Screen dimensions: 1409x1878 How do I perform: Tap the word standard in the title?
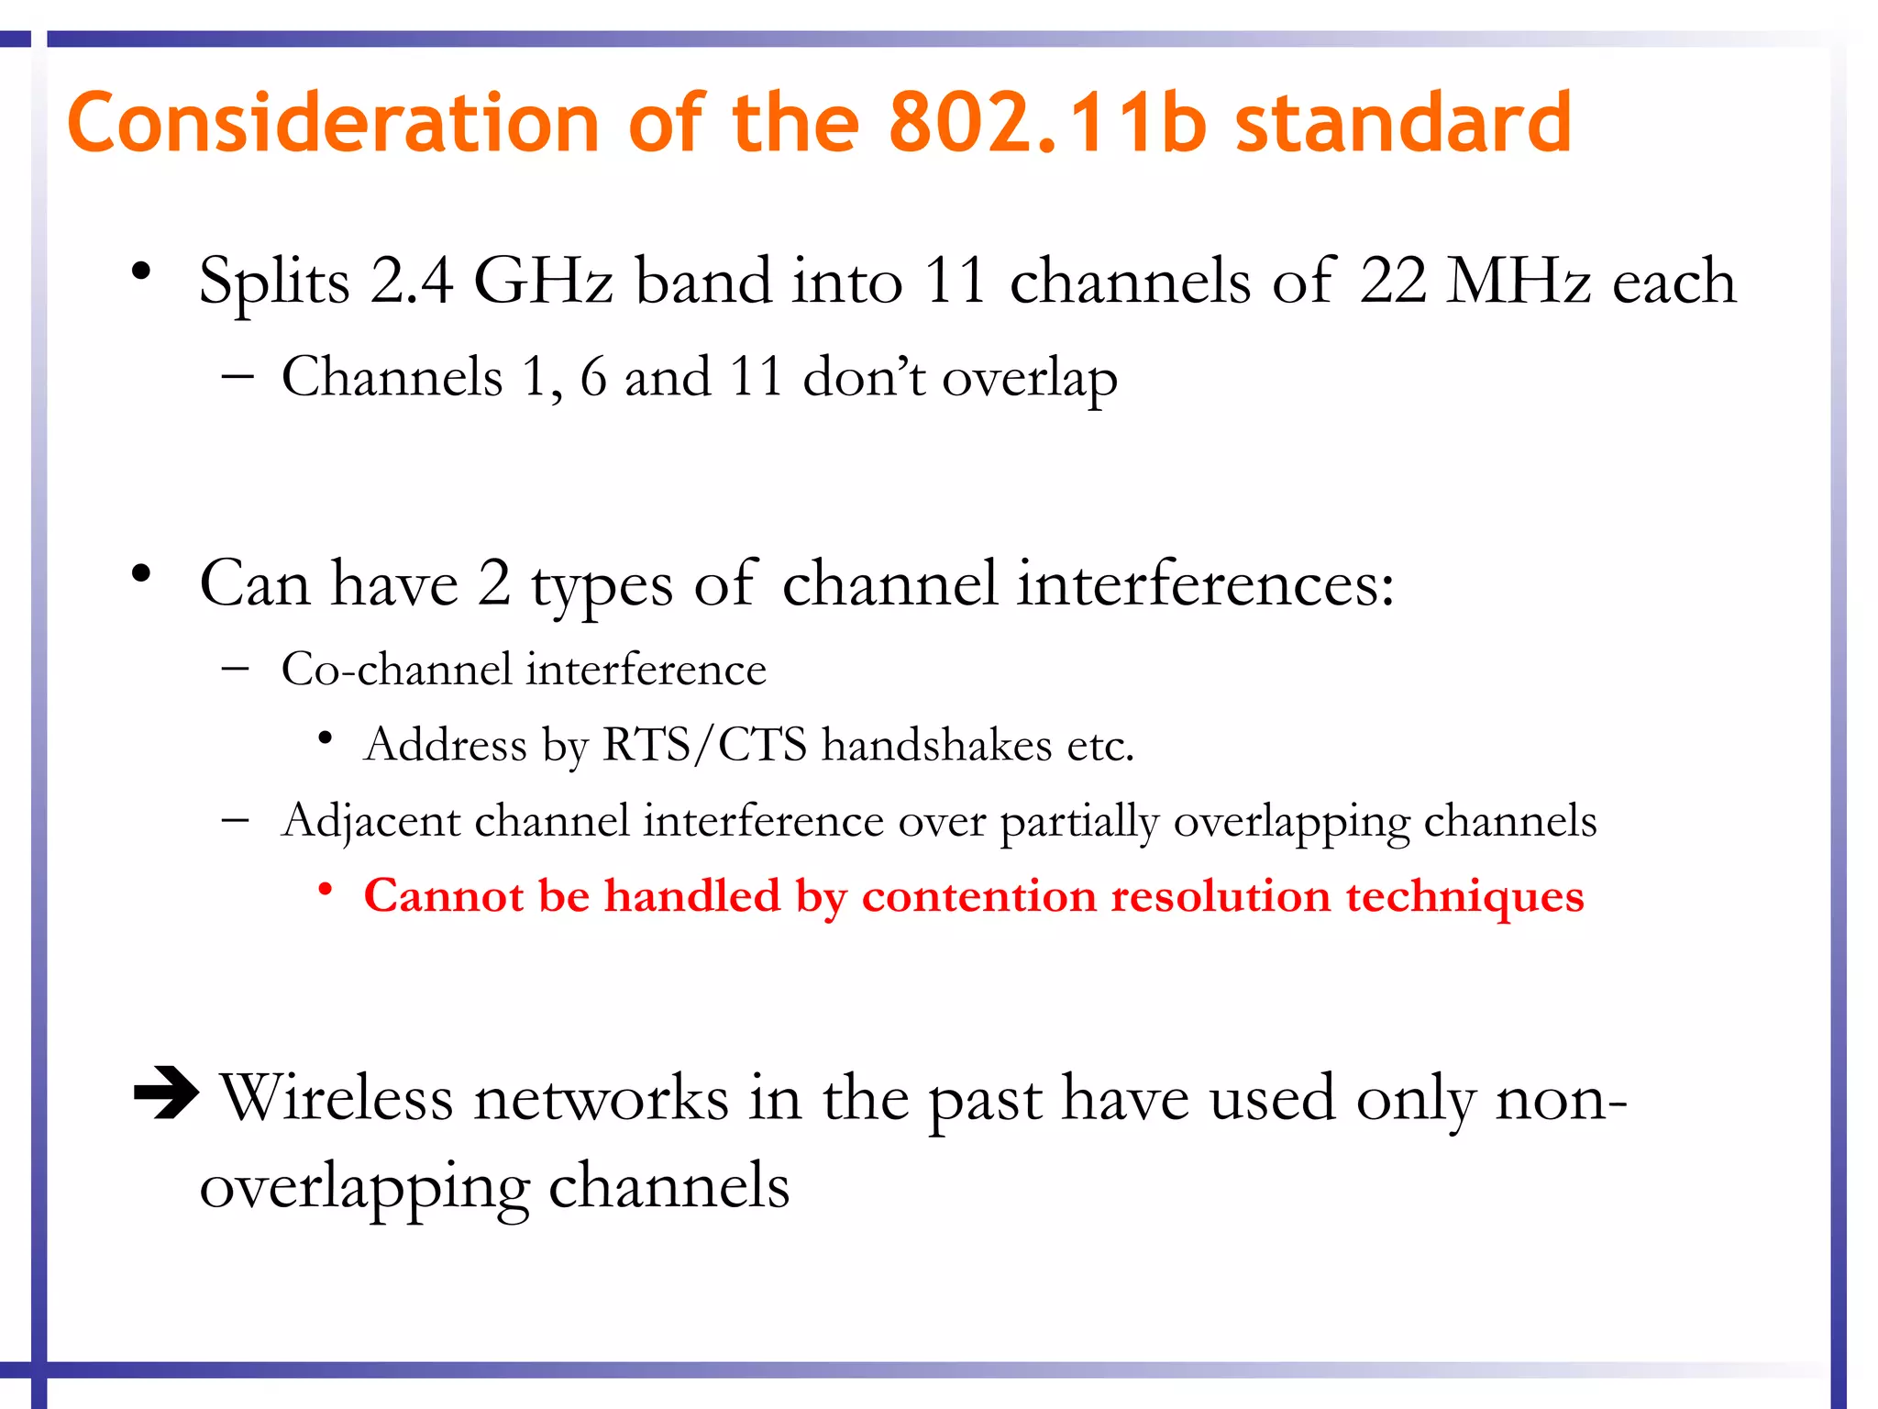click(1403, 123)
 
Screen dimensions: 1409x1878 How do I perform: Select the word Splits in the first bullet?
click(274, 281)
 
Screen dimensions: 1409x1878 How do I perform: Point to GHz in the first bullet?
click(543, 281)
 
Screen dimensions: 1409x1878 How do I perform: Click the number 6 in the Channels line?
click(593, 377)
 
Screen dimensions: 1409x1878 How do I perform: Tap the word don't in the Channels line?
click(863, 377)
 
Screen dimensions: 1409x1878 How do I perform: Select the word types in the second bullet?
click(602, 585)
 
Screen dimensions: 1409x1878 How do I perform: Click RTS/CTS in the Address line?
click(704, 744)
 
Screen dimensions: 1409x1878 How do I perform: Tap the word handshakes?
click(936, 744)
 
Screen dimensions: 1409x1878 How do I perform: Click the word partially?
click(1079, 821)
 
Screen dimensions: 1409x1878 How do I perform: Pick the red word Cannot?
click(443, 895)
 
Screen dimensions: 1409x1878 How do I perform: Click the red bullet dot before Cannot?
click(325, 889)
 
